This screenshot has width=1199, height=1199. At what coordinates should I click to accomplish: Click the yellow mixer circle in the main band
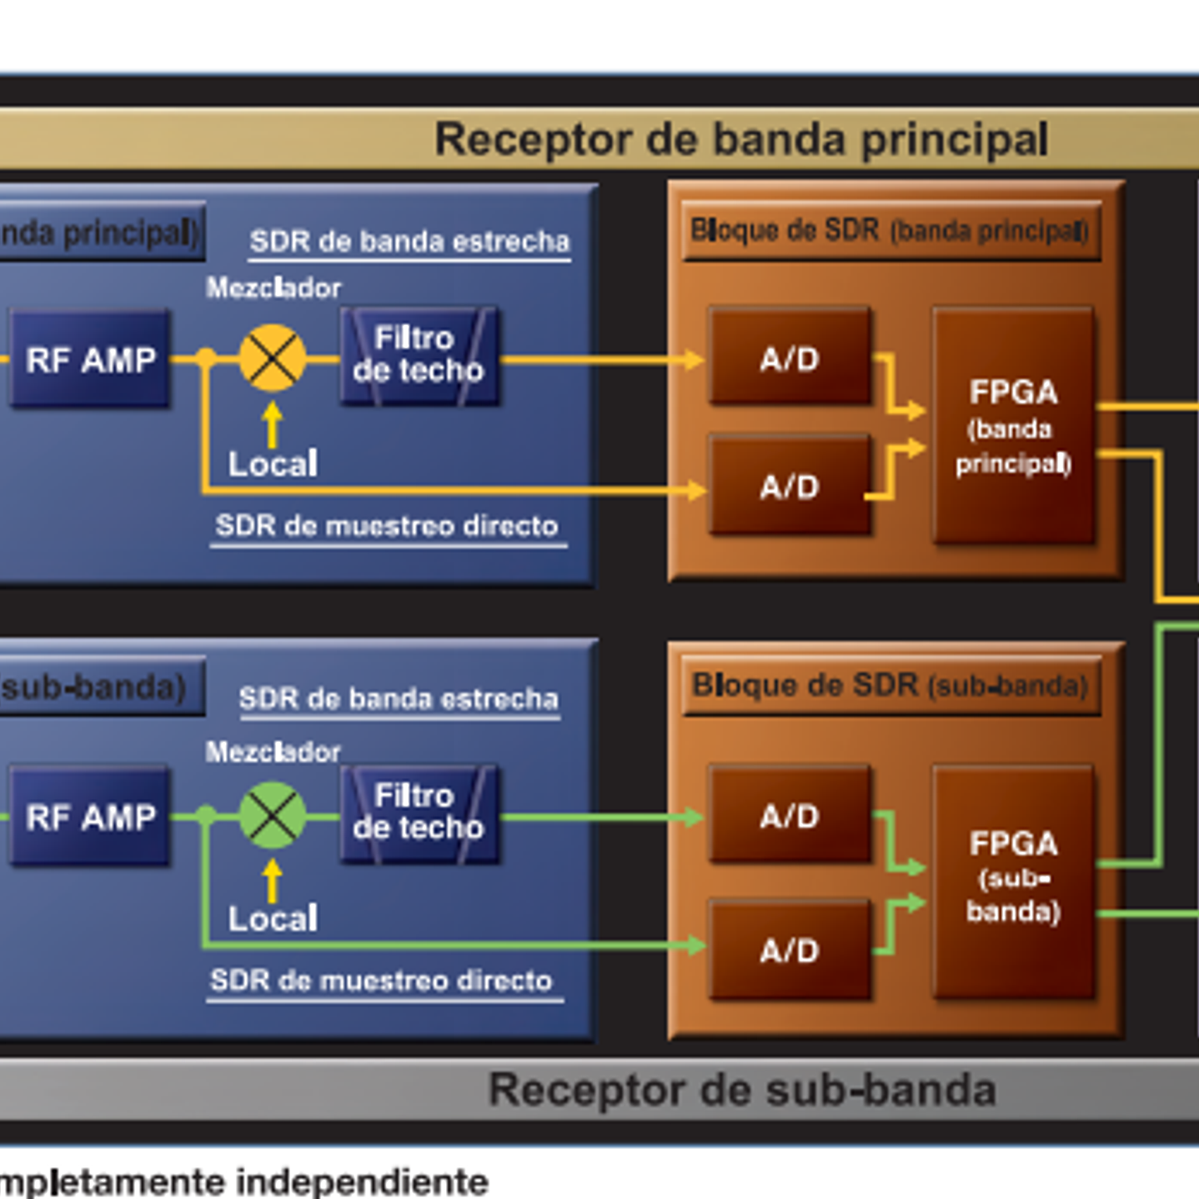[x=273, y=359]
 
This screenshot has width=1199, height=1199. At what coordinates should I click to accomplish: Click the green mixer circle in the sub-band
[x=273, y=815]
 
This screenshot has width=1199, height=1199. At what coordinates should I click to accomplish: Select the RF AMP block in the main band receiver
[x=90, y=359]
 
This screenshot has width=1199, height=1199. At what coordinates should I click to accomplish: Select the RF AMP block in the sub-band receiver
[x=90, y=816]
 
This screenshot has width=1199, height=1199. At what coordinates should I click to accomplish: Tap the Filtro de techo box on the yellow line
[x=419, y=356]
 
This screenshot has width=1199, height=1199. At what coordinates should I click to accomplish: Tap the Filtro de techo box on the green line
[x=419, y=813]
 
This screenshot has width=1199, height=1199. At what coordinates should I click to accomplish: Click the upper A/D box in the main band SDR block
[x=790, y=358]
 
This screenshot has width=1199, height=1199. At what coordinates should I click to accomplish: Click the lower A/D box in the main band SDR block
[x=790, y=485]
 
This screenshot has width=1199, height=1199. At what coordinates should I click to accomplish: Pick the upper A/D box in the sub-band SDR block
[x=790, y=815]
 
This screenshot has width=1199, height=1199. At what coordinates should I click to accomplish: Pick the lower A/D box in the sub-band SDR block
[x=790, y=949]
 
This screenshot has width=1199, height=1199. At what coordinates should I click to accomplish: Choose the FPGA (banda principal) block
[x=1013, y=426]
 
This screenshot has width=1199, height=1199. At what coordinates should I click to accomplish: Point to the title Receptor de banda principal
[x=740, y=139]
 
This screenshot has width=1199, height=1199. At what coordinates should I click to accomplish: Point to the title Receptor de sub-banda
[x=742, y=1090]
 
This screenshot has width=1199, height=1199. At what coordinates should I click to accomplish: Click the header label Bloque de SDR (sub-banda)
[x=890, y=685]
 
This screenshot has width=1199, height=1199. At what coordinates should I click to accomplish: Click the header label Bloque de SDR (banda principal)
[x=890, y=230]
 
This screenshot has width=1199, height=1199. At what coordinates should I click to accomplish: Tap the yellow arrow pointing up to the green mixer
[x=272, y=880]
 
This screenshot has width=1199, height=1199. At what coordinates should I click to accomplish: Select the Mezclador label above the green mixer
[x=273, y=751]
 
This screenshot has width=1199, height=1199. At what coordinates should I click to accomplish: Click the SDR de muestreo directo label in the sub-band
[x=382, y=981]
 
